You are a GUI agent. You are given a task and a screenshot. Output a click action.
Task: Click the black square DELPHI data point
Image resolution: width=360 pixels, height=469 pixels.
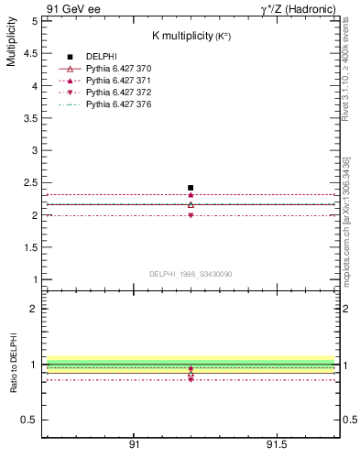click(191, 188)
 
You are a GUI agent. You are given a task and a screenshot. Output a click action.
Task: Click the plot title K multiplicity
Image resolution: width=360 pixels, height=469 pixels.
click(190, 35)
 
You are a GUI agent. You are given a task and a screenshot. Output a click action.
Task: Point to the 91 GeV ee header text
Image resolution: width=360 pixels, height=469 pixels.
click(73, 8)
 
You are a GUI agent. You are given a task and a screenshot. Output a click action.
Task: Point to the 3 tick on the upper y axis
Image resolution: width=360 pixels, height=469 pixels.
click(35, 150)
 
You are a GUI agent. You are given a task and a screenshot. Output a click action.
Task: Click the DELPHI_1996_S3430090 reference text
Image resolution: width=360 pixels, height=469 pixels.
click(190, 274)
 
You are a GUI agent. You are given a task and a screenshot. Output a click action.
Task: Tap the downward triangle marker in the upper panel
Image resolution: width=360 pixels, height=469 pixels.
click(191, 215)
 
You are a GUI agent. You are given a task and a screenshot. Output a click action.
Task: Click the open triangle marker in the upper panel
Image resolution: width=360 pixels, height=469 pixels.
click(191, 204)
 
